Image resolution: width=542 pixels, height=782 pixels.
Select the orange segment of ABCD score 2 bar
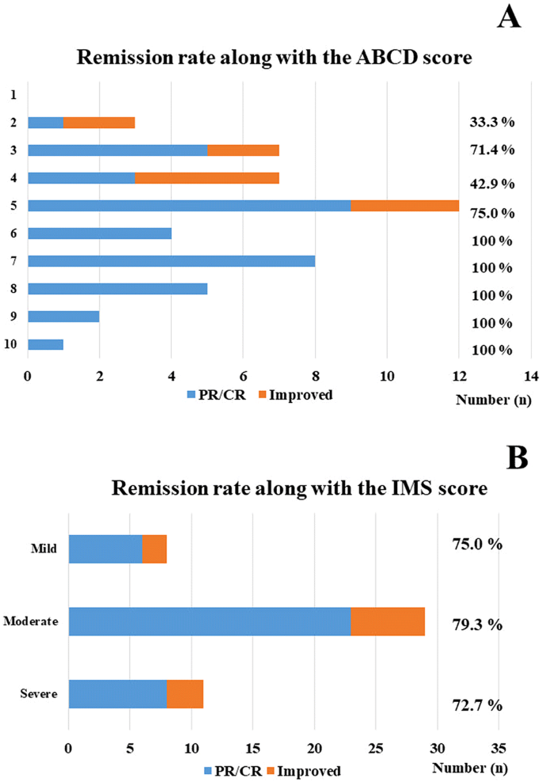point(99,123)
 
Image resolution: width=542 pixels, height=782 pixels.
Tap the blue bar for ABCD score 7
point(171,261)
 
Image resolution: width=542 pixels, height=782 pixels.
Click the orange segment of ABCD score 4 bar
point(207,178)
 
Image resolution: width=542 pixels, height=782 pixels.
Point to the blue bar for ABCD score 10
point(45,344)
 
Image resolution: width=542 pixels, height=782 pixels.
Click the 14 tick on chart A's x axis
point(530,376)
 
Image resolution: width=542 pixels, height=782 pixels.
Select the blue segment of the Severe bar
point(117,693)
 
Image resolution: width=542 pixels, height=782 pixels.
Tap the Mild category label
point(44,549)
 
